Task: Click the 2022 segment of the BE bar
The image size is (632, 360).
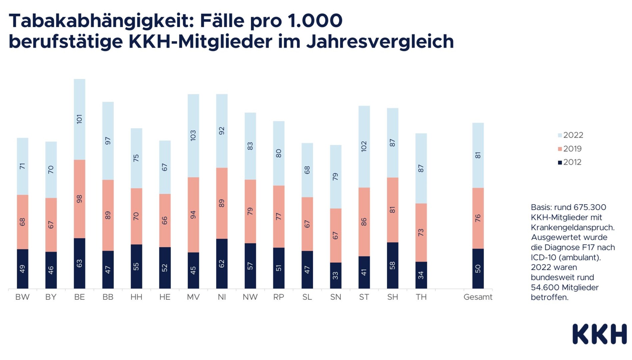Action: (x=79, y=119)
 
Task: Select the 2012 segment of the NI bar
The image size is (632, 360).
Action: (x=222, y=263)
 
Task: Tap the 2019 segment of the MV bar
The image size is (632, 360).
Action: (x=193, y=215)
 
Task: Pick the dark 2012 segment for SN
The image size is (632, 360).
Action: (x=335, y=275)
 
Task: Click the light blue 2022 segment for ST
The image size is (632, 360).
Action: (x=364, y=147)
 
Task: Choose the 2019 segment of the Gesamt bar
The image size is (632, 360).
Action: (x=478, y=218)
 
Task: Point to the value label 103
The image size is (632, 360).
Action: (x=193, y=135)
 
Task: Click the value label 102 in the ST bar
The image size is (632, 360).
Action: (x=364, y=146)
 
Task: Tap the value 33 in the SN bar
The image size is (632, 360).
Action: (x=335, y=276)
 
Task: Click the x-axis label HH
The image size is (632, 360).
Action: (x=136, y=297)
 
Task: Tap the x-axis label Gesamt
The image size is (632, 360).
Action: (x=478, y=297)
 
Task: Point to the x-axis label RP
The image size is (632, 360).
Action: (x=279, y=297)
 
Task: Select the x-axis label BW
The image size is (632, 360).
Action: (x=22, y=297)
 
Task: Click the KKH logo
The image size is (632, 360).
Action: (x=599, y=334)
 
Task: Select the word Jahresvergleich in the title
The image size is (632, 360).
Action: (x=380, y=41)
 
